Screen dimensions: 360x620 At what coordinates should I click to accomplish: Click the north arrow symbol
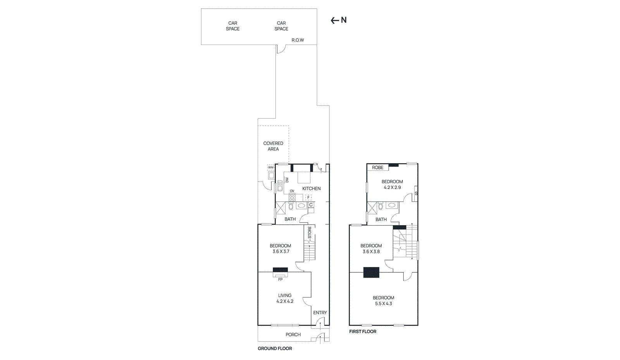point(335,21)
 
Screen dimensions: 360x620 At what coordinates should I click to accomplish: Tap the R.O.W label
point(298,40)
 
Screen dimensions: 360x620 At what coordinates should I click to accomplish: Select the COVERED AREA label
point(273,146)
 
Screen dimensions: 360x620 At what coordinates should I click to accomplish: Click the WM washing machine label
point(271,167)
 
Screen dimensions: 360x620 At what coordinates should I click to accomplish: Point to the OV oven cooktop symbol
point(292,197)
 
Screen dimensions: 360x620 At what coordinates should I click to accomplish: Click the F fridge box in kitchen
point(308,197)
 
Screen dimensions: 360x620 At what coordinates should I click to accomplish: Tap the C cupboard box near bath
point(311,205)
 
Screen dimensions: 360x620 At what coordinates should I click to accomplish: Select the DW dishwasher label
point(287,180)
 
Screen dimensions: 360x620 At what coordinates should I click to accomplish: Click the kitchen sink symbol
point(280,186)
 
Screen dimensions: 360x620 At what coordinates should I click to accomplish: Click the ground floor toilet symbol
point(291,207)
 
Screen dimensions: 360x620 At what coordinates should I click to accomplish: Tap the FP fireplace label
point(280,279)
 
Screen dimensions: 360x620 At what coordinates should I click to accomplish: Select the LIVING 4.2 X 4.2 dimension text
point(285,301)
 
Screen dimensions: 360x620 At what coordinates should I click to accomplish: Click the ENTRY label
point(320,312)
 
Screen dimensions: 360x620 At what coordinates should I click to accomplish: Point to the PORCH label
point(293,334)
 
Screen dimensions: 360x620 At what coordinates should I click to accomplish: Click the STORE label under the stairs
point(310,233)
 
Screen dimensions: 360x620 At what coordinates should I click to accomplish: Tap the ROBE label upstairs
point(377,167)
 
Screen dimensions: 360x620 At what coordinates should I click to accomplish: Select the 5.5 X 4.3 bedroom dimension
point(383,303)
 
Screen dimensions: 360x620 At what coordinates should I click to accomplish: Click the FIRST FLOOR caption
point(363,331)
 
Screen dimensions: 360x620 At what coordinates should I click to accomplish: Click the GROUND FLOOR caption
point(275,348)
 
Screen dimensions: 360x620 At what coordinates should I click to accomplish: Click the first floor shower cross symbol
point(372,208)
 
